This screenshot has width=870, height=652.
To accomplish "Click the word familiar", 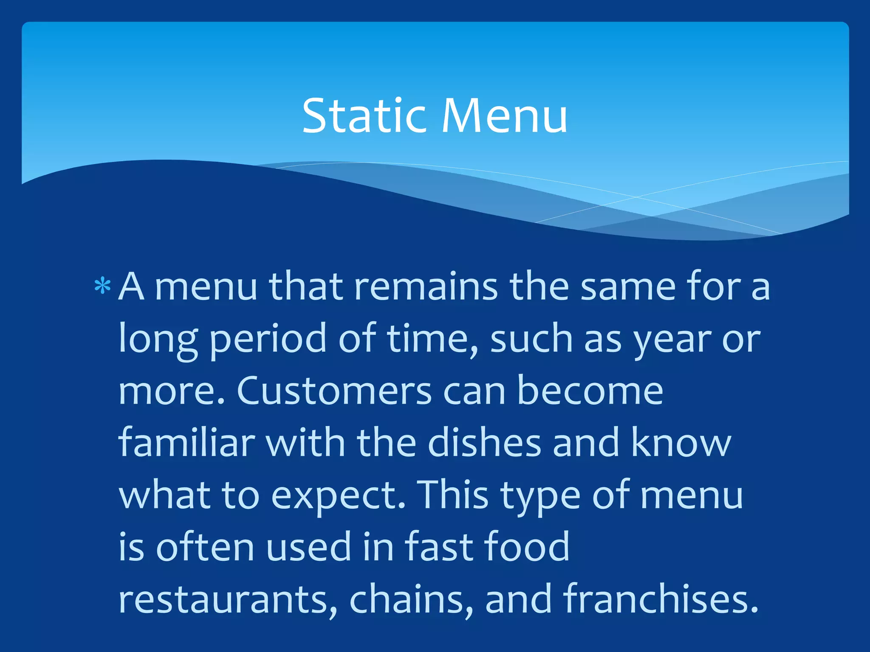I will coord(186,443).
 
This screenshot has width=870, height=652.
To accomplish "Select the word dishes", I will coord(484,443).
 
